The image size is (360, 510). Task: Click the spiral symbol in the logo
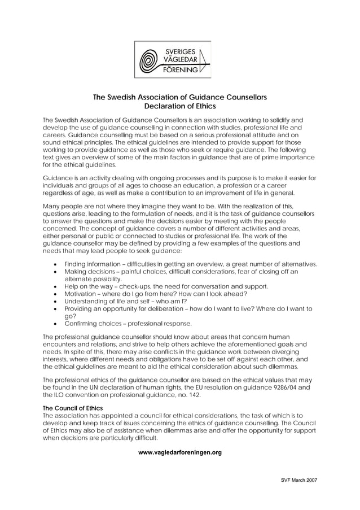pyautogui.click(x=150, y=59)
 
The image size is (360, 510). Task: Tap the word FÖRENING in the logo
pyautogui.click(x=181, y=70)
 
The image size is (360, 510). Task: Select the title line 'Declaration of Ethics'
pyautogui.click(x=180, y=106)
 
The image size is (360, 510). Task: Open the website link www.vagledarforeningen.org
pyautogui.click(x=180, y=452)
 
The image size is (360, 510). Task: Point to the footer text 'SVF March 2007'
pyautogui.click(x=299, y=480)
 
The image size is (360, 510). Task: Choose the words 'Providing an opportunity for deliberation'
pyautogui.click(x=124, y=309)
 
